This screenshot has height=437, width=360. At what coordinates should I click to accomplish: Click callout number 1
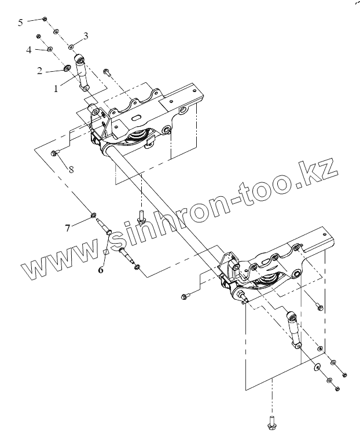click(x=56, y=89)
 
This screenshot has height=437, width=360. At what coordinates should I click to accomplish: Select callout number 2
click(x=40, y=71)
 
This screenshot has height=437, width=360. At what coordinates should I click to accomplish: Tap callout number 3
click(x=86, y=36)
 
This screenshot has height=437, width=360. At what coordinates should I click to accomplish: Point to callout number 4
click(x=28, y=50)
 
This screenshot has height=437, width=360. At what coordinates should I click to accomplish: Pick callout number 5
click(x=21, y=22)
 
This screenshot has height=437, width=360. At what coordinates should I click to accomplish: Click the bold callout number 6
click(x=101, y=269)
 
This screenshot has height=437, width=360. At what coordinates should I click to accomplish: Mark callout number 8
click(x=71, y=170)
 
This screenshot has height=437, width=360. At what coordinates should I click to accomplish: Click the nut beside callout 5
click(x=45, y=20)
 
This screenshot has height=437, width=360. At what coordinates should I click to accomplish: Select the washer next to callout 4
click(x=50, y=50)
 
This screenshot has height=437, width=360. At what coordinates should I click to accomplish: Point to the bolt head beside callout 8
click(x=55, y=153)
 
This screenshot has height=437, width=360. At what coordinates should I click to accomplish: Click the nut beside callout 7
click(x=93, y=217)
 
